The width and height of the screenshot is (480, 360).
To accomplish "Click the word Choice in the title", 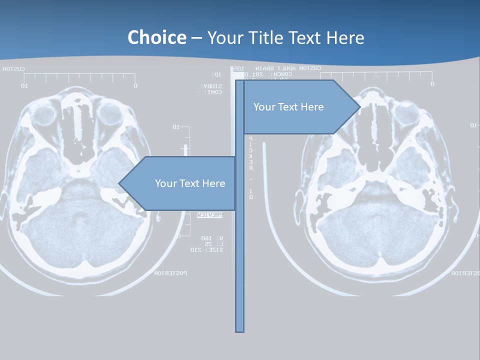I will pos(156,37).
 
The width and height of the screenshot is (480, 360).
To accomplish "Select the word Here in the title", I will pos(345,37).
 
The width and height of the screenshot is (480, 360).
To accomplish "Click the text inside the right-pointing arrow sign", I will pos(288,107).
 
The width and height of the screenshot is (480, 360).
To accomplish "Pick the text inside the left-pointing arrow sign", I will pos(190,183).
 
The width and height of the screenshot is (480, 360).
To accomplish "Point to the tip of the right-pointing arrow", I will pos(359,107).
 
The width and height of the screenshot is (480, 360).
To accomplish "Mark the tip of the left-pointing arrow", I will pos(119,183).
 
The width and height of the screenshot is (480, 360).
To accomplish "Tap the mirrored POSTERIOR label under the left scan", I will pos(170,273).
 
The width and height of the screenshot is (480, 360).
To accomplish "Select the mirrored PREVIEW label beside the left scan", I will pos(209,215).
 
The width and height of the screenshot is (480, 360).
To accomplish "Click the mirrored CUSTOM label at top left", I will pos(13,69).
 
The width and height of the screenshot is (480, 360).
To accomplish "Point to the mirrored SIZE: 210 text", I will pos(206,249).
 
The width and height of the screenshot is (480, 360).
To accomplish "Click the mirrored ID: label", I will pos(216,74).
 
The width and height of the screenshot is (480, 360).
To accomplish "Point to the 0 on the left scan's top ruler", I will pos(135,85).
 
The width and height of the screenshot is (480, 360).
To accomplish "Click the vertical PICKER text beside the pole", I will pos(251,152).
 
